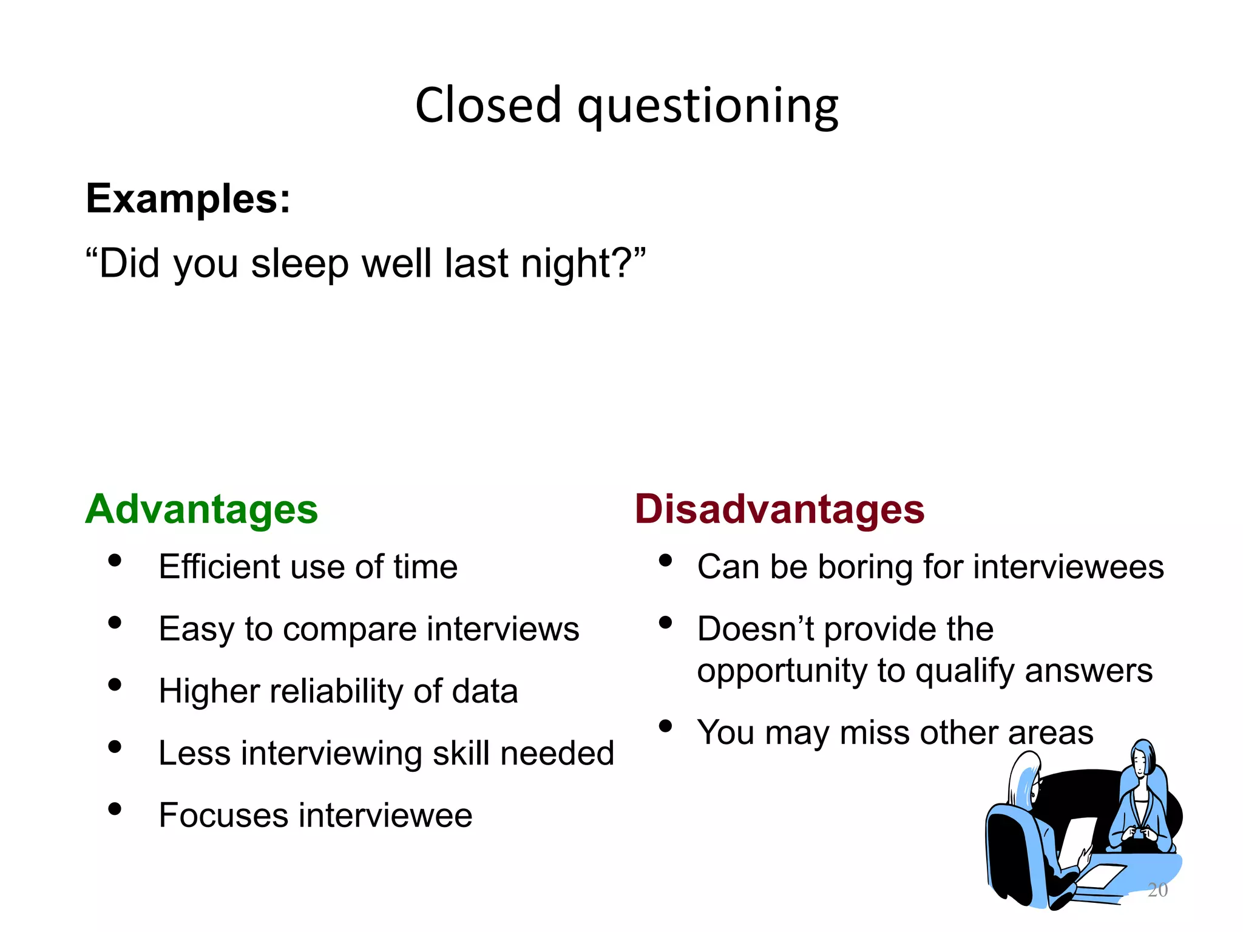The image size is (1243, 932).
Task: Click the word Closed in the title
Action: (x=488, y=106)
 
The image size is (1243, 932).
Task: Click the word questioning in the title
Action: (x=708, y=108)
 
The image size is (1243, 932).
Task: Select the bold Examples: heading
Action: (x=188, y=199)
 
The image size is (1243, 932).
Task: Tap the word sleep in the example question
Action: (x=300, y=265)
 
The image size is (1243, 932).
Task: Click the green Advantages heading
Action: (x=202, y=509)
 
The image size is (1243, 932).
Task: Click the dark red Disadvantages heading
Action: (x=779, y=509)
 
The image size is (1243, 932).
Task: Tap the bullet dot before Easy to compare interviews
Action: (x=115, y=623)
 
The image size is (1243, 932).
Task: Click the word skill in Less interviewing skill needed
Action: (x=461, y=754)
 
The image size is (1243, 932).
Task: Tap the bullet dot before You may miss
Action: (x=666, y=726)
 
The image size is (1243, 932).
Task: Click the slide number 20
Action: (x=1157, y=890)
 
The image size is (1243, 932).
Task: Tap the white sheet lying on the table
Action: (x=1102, y=876)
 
